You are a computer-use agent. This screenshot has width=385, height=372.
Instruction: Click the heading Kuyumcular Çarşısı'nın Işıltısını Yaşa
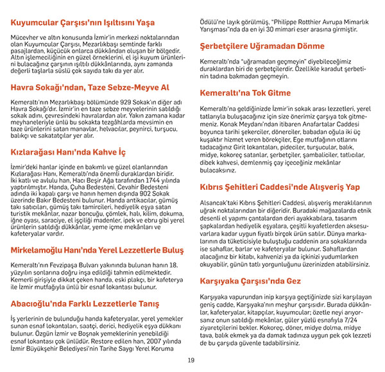[83, 22]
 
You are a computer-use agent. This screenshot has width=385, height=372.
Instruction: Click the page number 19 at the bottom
[191, 360]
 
